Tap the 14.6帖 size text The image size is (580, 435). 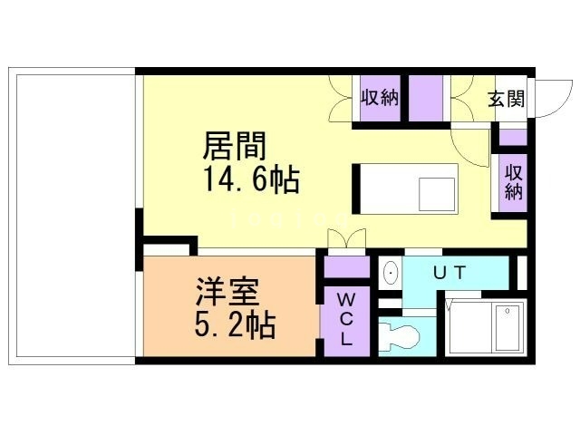(251, 179)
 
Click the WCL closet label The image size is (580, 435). (346, 319)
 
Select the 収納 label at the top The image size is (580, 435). (381, 99)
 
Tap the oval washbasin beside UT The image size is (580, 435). (391, 271)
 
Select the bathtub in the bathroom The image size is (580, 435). (505, 327)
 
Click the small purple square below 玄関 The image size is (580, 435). (513, 137)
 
